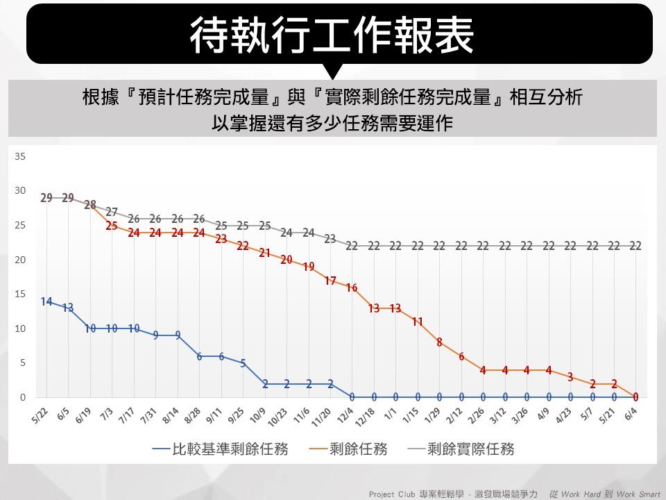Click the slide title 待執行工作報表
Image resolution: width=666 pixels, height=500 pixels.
point(332,35)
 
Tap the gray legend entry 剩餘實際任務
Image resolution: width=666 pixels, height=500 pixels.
point(471,449)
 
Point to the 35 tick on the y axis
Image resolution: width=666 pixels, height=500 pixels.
point(20,156)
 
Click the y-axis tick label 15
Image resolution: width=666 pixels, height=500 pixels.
point(20,294)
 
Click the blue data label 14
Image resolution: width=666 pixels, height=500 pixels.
point(46,301)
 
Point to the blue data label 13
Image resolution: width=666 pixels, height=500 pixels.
point(68,308)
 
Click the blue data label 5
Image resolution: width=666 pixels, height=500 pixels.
point(243,363)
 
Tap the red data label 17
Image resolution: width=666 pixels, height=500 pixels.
point(330,281)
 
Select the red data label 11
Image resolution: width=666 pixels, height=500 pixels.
point(418,322)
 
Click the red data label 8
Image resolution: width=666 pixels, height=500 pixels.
point(439,342)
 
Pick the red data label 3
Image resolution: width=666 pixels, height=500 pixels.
point(570,377)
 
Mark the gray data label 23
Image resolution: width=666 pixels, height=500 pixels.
point(330,239)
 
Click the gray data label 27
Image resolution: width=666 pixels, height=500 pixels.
point(112,212)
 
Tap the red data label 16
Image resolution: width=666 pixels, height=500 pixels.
point(352,287)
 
